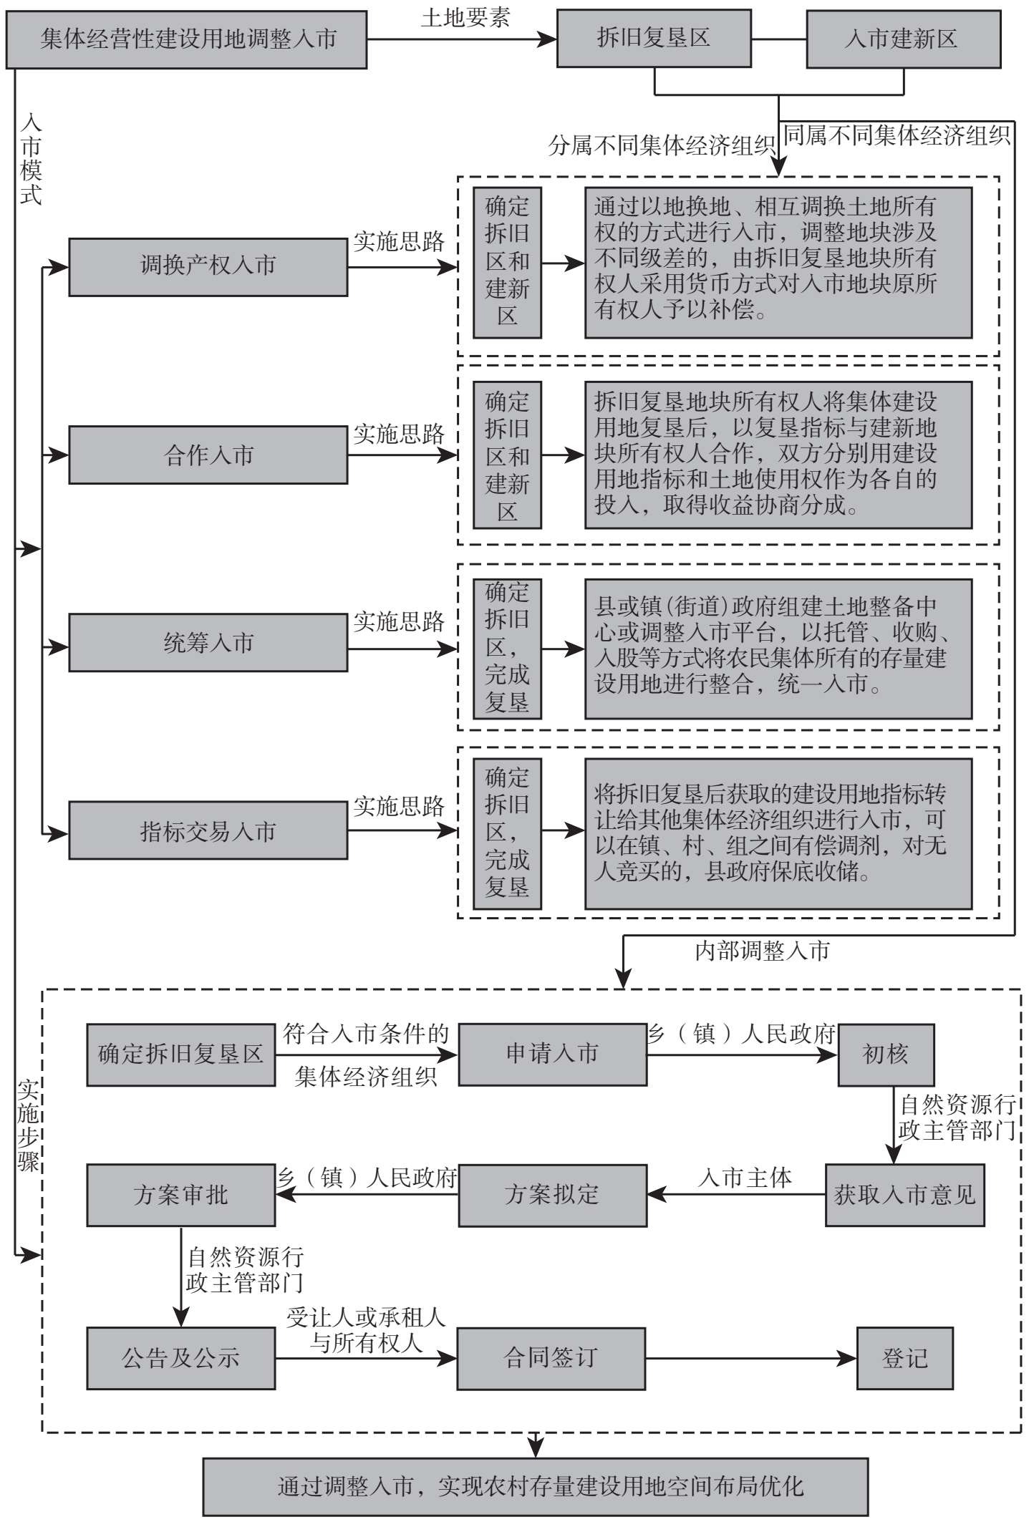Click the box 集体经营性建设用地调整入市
point(187,39)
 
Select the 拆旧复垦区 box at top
point(654,39)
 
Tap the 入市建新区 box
point(904,39)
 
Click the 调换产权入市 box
point(208,267)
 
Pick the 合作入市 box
point(208,455)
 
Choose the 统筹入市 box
point(208,642)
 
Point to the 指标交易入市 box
point(208,830)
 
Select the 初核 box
point(887,1055)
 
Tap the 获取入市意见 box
point(905,1195)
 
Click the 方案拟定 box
point(553,1195)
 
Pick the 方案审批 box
point(181,1195)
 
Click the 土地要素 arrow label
point(465,17)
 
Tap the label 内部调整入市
point(762,951)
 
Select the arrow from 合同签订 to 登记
point(751,1358)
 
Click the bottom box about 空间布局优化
point(536,1486)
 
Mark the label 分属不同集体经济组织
point(662,145)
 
